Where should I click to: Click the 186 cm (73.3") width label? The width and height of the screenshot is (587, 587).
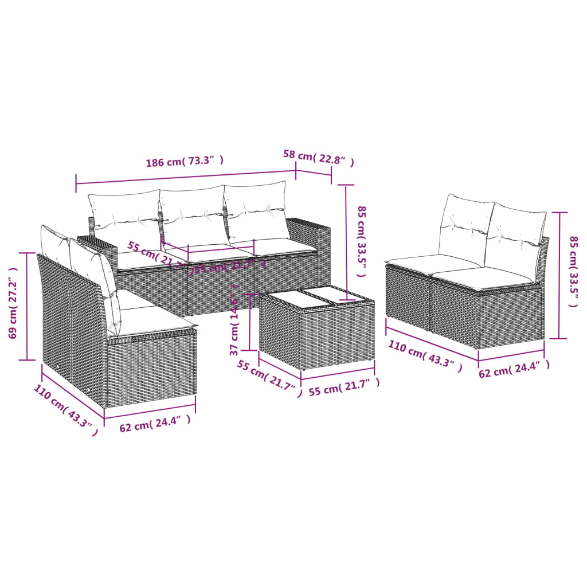point(184,162)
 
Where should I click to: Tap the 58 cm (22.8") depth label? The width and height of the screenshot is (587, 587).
point(318,158)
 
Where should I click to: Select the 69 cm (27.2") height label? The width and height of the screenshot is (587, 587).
point(13,307)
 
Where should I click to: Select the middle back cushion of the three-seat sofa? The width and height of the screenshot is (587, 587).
point(193,217)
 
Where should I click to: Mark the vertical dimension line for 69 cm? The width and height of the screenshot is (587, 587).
point(27,307)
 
